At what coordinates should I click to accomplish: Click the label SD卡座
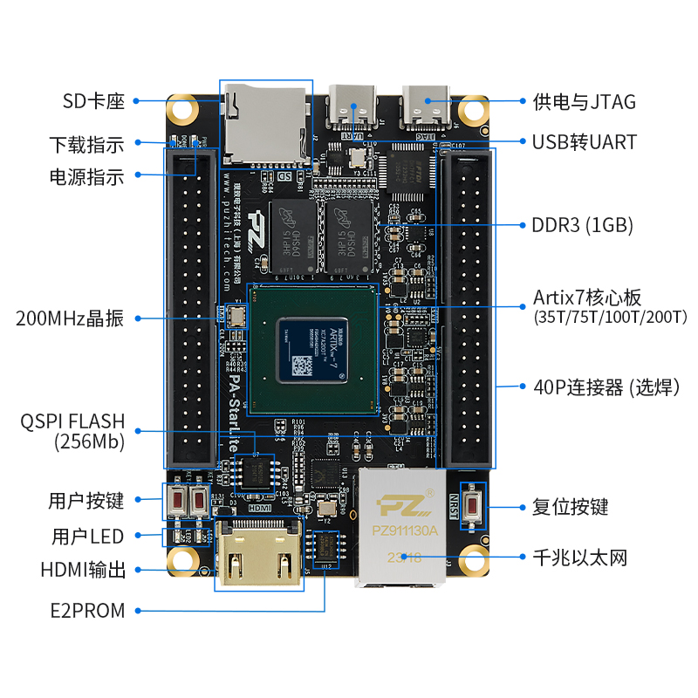click(x=93, y=101)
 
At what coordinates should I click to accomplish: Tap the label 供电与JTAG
click(x=584, y=101)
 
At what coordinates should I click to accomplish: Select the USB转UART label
click(x=584, y=141)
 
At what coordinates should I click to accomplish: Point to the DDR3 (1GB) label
click(x=582, y=225)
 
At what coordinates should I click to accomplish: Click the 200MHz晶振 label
click(x=70, y=318)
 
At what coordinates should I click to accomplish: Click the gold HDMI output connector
click(x=259, y=558)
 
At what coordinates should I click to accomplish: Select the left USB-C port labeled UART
click(x=353, y=108)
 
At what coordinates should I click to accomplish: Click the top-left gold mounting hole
click(x=182, y=110)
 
